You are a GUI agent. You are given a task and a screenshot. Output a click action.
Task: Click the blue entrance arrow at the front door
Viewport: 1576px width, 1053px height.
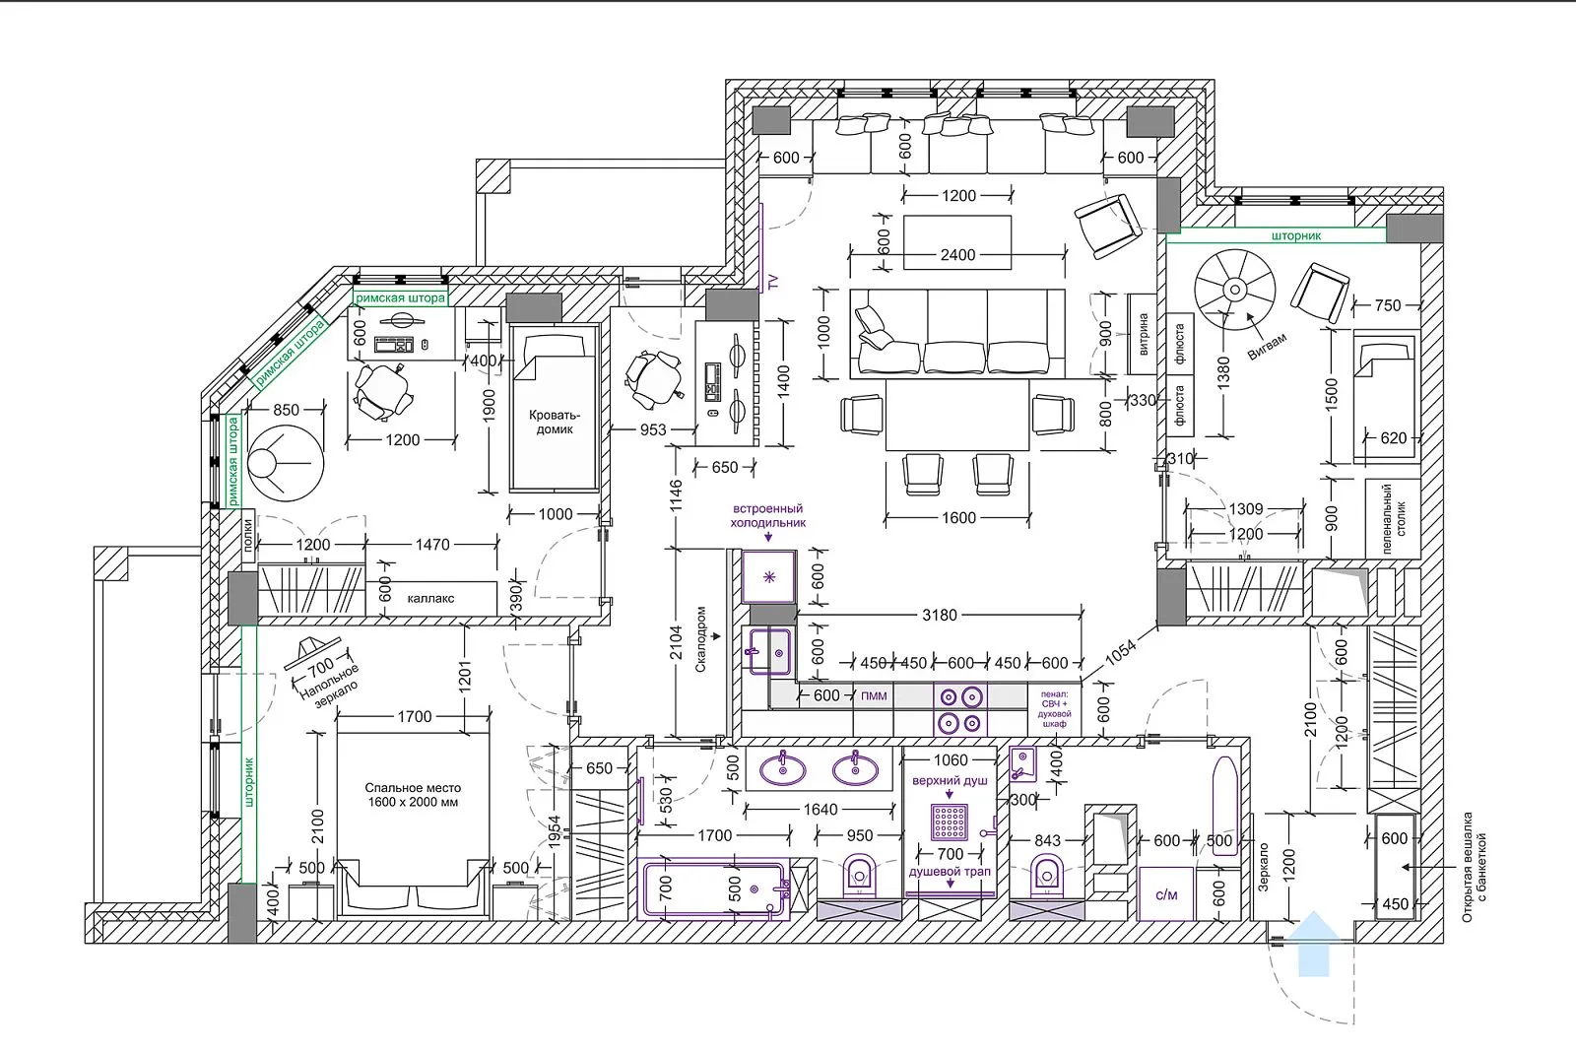pyautogui.click(x=1313, y=944)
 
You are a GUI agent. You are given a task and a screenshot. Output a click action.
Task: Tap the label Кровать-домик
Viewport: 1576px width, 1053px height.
pyautogui.click(x=555, y=422)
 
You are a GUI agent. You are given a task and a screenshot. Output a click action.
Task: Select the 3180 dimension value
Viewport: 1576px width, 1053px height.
pyautogui.click(x=940, y=616)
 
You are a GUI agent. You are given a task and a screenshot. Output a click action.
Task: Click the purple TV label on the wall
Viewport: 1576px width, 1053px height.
pyautogui.click(x=773, y=282)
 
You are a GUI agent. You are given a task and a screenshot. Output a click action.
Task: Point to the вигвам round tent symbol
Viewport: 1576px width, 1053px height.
pyautogui.click(x=1235, y=289)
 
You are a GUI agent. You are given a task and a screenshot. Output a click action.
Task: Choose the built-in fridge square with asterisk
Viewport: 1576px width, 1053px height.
pyautogui.click(x=769, y=577)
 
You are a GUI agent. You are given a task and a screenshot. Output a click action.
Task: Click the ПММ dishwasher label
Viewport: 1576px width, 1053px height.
pyautogui.click(x=874, y=696)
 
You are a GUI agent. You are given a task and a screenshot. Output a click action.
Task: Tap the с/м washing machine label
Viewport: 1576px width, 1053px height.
pyautogui.click(x=1166, y=894)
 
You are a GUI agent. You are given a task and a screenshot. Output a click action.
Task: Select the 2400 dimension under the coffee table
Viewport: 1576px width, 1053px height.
pyautogui.click(x=957, y=255)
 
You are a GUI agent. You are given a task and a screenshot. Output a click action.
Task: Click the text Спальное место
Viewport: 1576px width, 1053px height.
pyautogui.click(x=413, y=788)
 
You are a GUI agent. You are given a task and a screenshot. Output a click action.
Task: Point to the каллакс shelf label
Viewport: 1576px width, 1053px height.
pyautogui.click(x=430, y=599)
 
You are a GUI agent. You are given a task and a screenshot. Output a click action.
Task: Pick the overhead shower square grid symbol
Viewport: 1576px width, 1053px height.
pyautogui.click(x=950, y=823)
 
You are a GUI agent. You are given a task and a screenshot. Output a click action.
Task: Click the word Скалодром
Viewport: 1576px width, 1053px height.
pyautogui.click(x=700, y=639)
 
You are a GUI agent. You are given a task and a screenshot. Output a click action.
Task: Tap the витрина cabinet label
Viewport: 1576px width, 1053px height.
pyautogui.click(x=1144, y=333)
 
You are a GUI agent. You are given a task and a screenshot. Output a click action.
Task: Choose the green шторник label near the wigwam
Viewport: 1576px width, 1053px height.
pyautogui.click(x=1296, y=236)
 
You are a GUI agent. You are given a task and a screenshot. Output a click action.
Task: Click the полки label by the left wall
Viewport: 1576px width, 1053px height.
pyautogui.click(x=247, y=535)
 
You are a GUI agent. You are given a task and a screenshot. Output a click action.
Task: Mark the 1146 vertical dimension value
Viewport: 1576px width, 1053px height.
pyautogui.click(x=676, y=495)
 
